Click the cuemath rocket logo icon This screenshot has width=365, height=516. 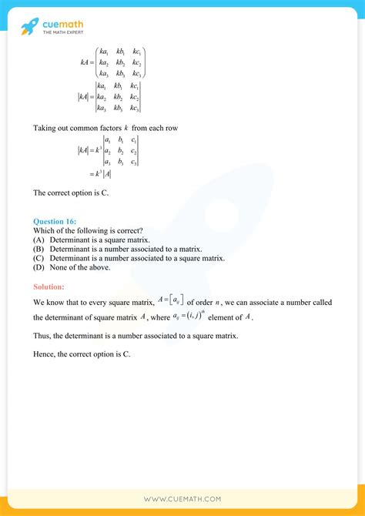(29, 26)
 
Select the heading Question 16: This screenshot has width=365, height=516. (55, 221)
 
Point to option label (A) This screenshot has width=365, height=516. (39, 240)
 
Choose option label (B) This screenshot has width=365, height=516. (39, 249)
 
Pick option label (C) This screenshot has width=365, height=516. (39, 258)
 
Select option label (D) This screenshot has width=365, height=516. (39, 267)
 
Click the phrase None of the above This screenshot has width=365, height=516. (80, 267)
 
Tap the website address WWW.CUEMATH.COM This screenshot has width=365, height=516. (182, 499)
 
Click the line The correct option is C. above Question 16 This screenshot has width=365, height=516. (71, 192)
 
